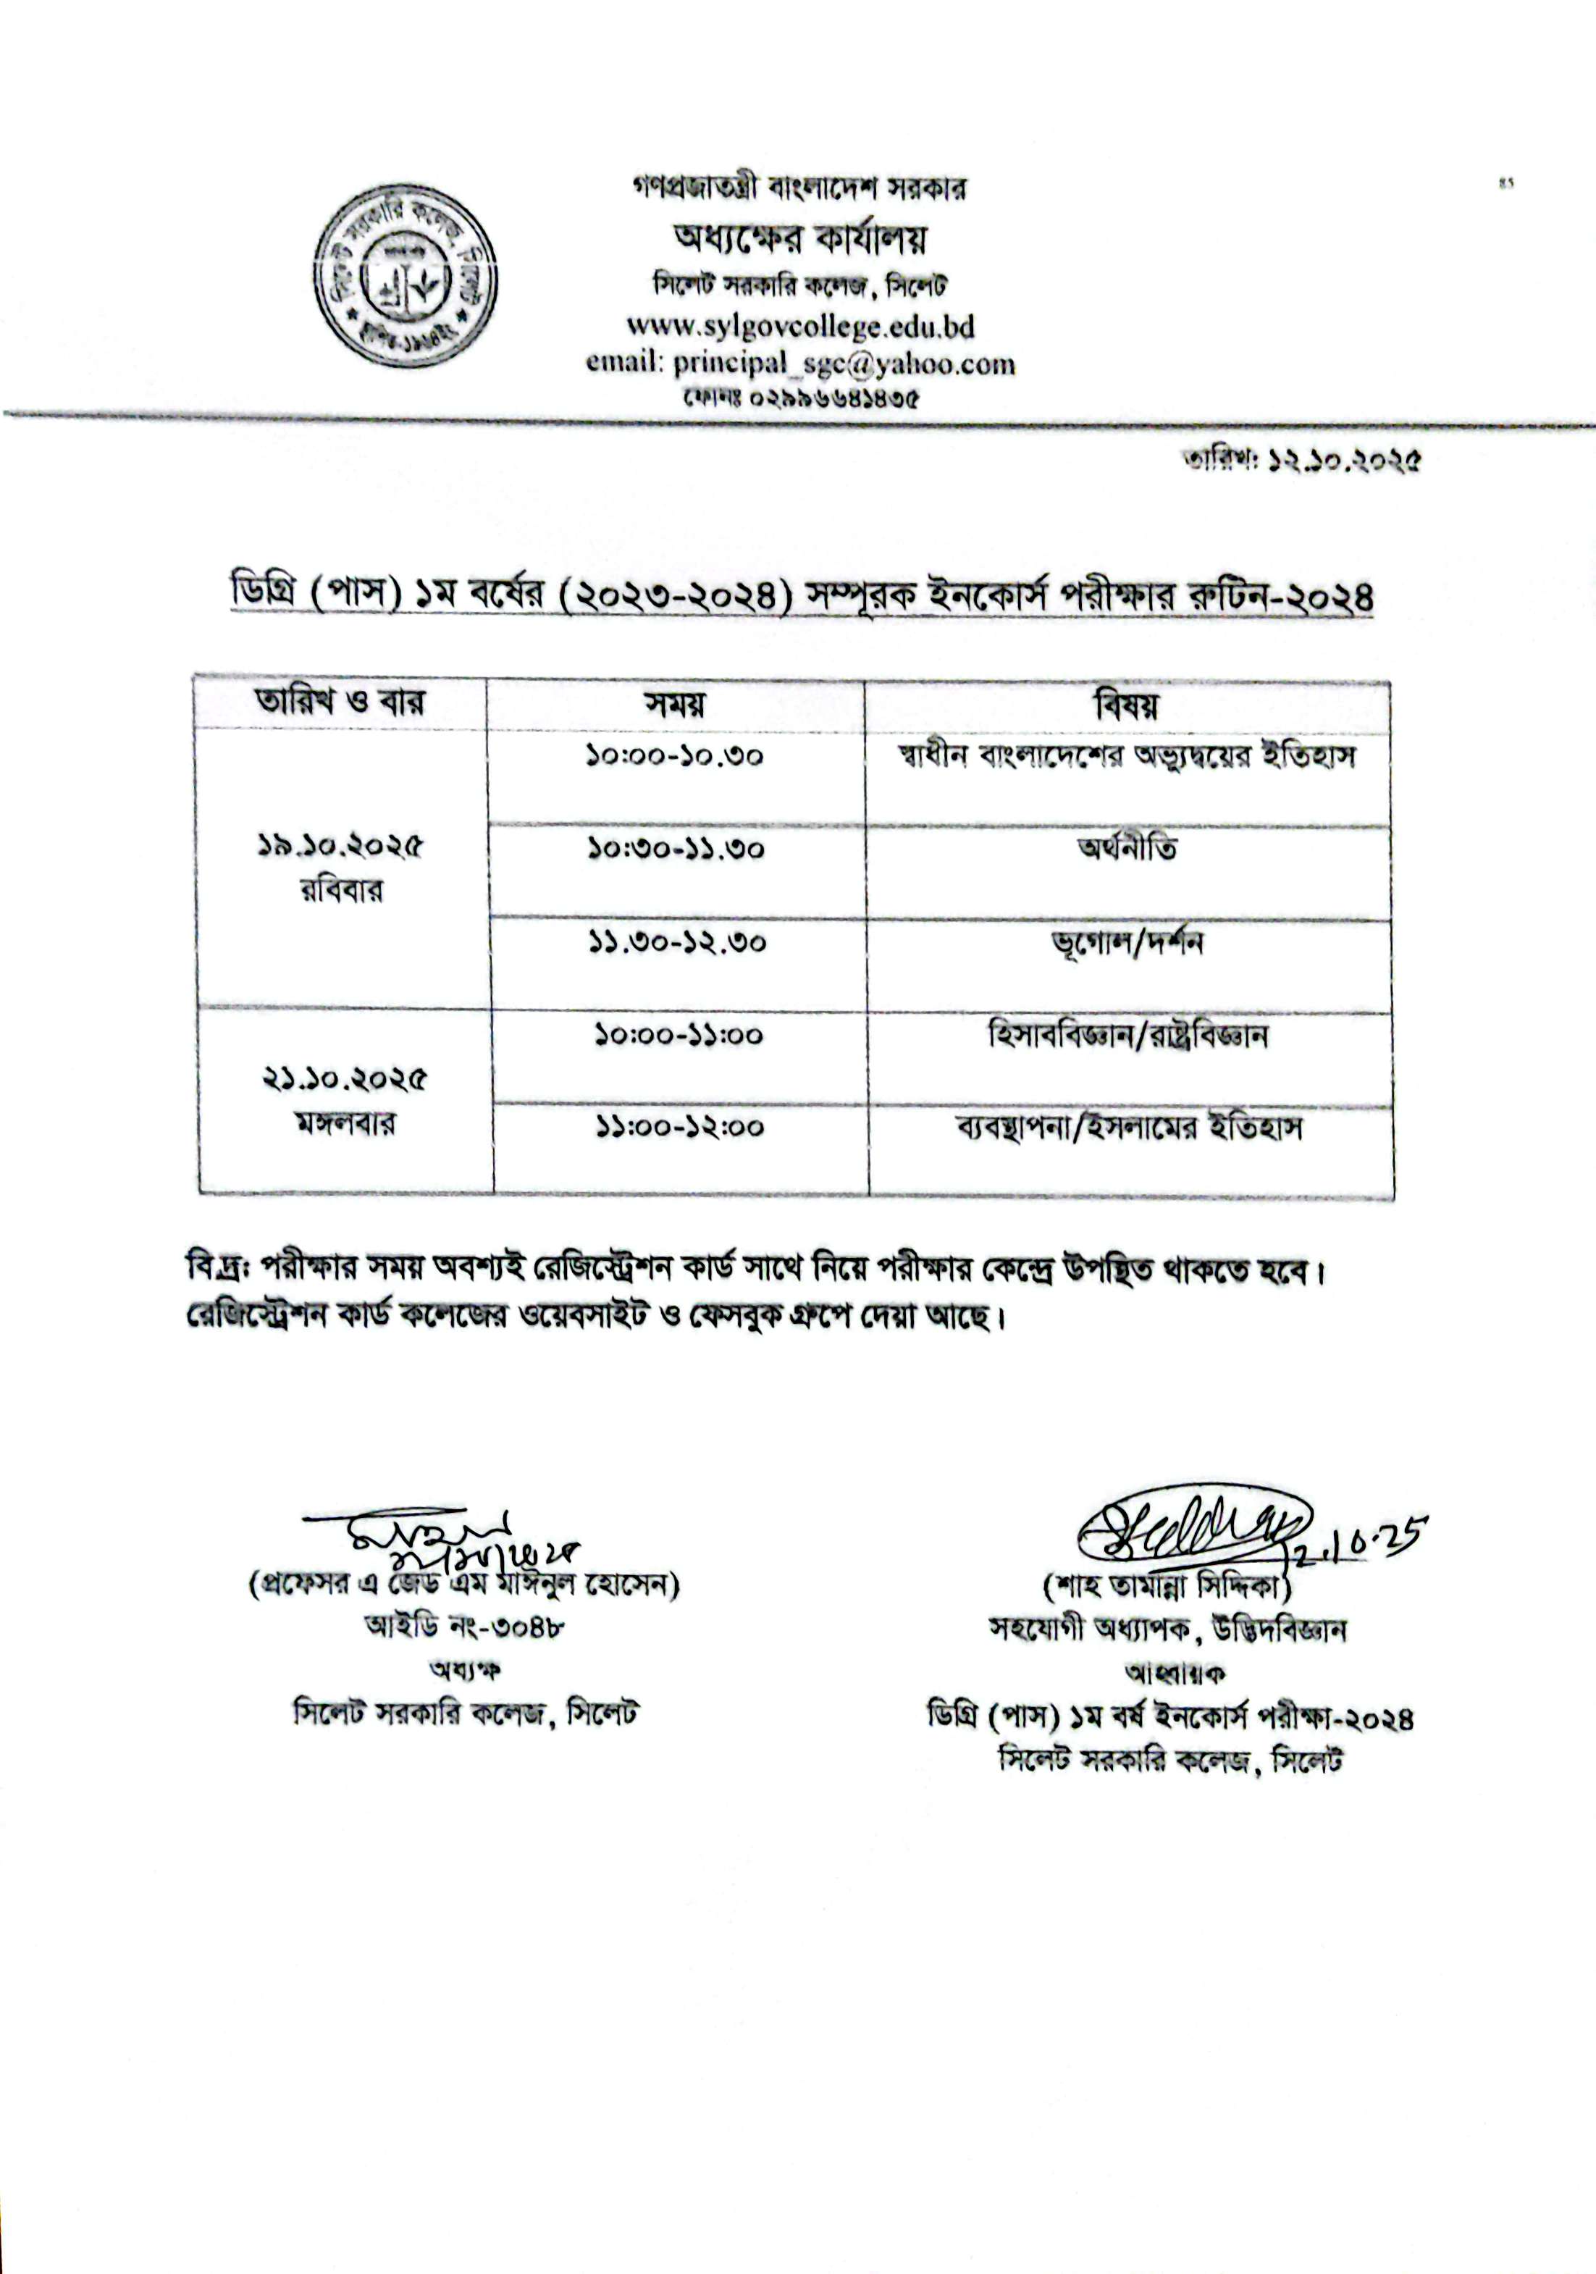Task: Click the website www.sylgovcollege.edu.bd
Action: (x=800, y=325)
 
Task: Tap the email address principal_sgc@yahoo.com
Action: (x=844, y=364)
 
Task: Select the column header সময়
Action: (x=675, y=704)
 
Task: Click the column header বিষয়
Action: (x=1126, y=705)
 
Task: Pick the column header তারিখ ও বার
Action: (x=340, y=702)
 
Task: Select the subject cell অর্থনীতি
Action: (x=1127, y=849)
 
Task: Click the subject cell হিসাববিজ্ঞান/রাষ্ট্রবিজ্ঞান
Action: (x=1127, y=1036)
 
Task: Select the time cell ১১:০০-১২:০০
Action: (x=679, y=1127)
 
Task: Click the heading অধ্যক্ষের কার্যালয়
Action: (x=800, y=239)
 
